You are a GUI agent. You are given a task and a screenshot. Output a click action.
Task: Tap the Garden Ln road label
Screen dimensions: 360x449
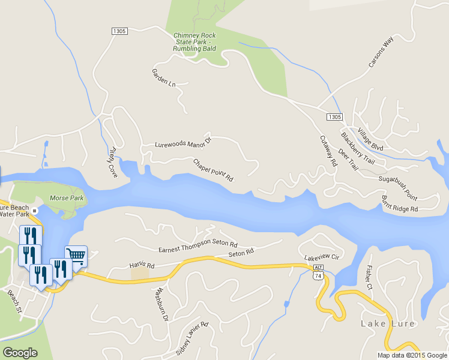(x=163, y=77)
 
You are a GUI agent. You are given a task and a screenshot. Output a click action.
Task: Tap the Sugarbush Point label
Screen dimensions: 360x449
(x=397, y=179)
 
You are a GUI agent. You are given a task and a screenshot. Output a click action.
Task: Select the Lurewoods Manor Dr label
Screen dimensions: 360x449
(x=183, y=144)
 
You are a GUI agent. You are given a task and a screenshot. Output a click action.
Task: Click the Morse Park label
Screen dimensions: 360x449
(x=67, y=197)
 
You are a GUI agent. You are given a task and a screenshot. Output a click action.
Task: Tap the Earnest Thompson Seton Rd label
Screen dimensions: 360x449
(x=198, y=246)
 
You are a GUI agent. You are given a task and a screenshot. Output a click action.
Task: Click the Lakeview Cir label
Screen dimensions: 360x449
(x=322, y=257)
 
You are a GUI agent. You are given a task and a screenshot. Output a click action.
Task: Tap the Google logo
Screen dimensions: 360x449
(x=20, y=353)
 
